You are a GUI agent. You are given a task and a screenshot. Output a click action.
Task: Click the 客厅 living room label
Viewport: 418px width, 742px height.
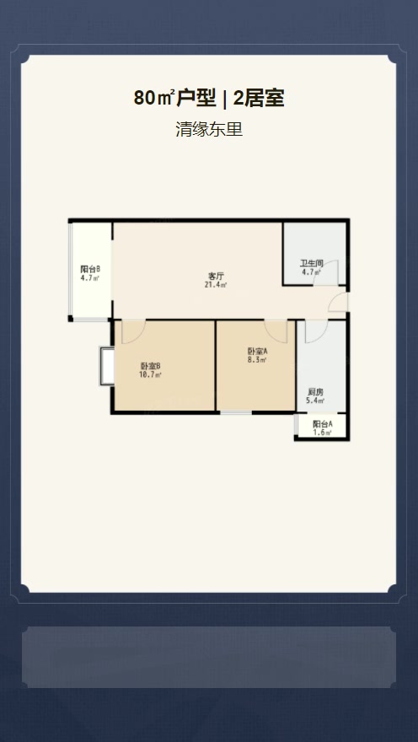coord(216,276)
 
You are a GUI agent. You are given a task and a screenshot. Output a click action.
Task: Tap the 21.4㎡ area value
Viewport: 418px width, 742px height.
coord(216,285)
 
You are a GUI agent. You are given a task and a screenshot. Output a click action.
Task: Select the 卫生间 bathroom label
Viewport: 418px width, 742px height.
coord(312,264)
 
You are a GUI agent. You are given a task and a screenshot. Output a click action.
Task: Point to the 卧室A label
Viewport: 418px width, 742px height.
coord(257,352)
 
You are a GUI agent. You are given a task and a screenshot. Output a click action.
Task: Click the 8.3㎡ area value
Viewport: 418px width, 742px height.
coord(257,360)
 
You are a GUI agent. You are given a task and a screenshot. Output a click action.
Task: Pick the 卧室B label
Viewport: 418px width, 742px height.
coord(150,366)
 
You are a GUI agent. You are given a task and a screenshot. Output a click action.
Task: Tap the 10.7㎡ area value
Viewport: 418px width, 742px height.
coord(150,374)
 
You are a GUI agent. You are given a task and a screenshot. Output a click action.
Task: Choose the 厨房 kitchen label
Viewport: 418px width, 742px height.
coord(315,392)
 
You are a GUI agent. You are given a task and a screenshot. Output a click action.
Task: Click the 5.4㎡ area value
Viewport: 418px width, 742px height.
coord(315,401)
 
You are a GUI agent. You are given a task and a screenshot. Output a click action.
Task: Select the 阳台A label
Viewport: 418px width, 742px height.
coord(323,424)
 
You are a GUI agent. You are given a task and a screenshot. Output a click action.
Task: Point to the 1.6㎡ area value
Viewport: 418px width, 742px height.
coord(323,433)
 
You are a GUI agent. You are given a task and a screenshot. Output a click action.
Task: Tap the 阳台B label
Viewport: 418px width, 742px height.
coord(90,269)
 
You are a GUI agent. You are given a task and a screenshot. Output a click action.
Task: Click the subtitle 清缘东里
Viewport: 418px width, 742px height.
coord(209,129)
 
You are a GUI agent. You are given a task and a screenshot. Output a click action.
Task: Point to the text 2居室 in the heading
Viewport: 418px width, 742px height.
coord(259,99)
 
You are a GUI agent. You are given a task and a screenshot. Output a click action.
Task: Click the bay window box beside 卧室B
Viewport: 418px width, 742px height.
coord(107,366)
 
